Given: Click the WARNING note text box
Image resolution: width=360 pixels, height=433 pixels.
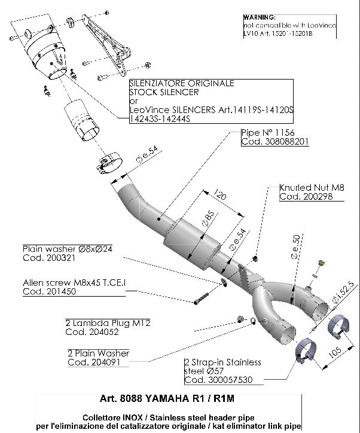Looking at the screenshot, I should (290, 26).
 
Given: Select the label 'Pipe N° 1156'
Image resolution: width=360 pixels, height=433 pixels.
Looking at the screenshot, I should (267, 133).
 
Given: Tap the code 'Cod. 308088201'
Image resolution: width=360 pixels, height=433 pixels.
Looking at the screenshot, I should (274, 142).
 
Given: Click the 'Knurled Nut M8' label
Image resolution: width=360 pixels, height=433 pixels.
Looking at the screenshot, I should (311, 187).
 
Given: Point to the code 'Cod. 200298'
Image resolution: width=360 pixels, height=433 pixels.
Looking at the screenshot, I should (303, 197).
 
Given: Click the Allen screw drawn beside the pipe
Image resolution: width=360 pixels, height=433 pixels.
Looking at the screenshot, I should (206, 294).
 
